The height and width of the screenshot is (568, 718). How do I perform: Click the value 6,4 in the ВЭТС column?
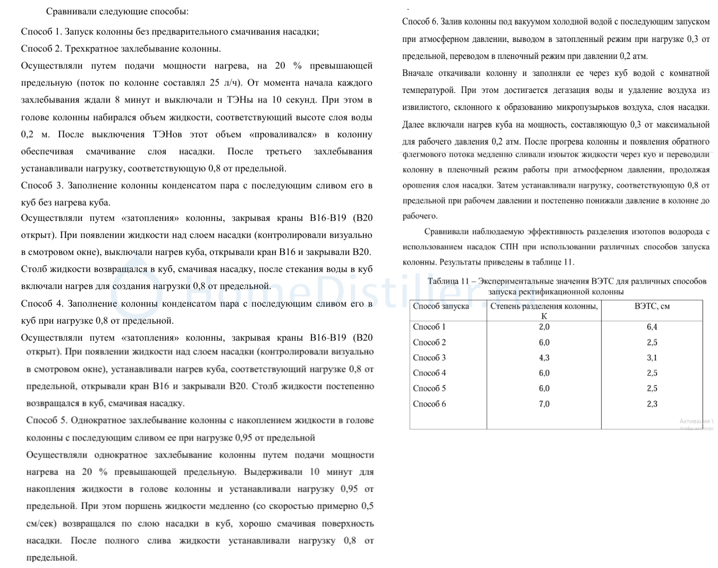(x=652, y=327)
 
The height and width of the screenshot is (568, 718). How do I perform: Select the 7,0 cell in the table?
(x=544, y=404)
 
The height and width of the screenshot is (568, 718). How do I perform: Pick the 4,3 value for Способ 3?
(x=544, y=358)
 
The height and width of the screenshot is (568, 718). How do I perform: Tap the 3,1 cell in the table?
(x=652, y=358)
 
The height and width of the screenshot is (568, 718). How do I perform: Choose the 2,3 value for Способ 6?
(x=652, y=404)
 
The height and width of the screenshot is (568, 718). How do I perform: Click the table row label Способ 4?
(x=429, y=374)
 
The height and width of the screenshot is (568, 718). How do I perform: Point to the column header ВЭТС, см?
(x=652, y=307)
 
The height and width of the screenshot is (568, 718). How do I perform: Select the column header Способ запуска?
(x=441, y=307)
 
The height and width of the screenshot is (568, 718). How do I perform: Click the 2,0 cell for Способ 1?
(x=544, y=327)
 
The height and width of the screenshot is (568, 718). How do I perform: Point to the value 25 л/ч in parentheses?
(x=225, y=83)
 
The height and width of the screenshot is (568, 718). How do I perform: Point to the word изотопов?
(x=641, y=232)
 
